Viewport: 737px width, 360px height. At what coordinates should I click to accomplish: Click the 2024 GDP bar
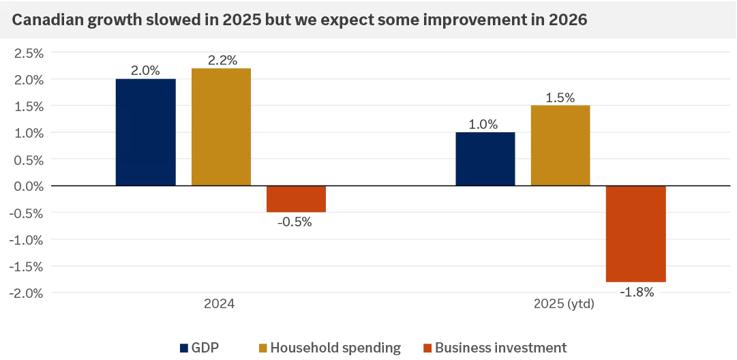[145, 132]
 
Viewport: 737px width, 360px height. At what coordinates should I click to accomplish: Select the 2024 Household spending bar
[221, 127]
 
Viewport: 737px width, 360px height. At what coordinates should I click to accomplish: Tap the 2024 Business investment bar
[296, 199]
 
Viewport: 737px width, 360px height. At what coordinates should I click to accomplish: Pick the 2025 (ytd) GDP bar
[485, 159]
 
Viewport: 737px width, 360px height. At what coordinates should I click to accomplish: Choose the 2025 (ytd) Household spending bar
[560, 145]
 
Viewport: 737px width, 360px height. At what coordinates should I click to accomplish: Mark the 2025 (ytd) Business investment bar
[635, 234]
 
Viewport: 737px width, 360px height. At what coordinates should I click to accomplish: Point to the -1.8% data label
[638, 292]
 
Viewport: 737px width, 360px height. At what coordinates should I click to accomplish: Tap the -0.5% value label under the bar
[295, 222]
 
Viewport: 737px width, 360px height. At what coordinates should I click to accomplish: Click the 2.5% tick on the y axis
[27, 53]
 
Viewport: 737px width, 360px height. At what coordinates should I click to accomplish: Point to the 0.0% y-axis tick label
[27, 186]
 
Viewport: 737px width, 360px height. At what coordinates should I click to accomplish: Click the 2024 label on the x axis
[220, 304]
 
